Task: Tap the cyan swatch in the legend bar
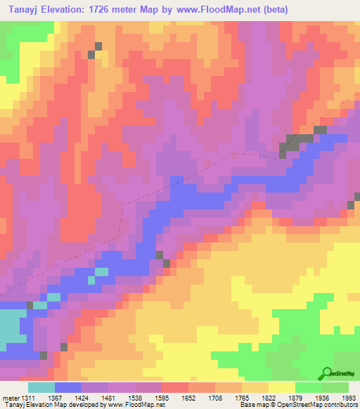(41, 387)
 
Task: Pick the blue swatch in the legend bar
(68, 387)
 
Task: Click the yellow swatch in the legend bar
(282, 387)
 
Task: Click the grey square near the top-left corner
(98, 46)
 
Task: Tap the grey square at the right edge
(351, 204)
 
